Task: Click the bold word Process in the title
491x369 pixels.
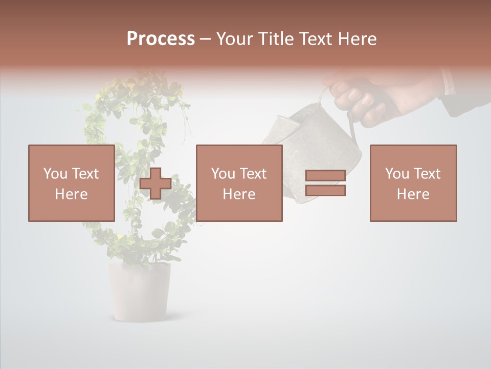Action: point(161,39)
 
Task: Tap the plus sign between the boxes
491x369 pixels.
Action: point(155,183)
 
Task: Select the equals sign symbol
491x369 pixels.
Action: point(325,183)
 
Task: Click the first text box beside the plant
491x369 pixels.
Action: point(72,183)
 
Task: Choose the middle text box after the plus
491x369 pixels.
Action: point(239,183)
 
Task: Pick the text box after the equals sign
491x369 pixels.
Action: point(413,183)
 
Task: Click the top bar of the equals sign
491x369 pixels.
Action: point(325,176)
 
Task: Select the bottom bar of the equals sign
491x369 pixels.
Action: point(325,191)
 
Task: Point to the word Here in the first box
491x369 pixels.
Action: point(72,194)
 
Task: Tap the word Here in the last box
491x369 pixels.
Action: point(413,194)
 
